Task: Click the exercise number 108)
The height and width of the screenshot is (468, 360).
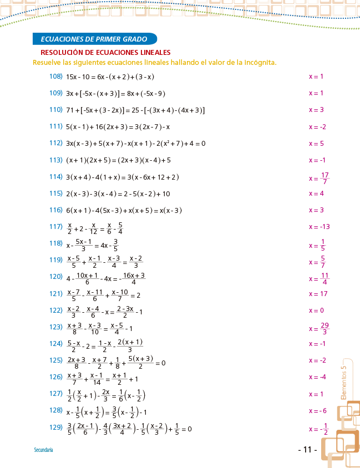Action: click(x=55, y=77)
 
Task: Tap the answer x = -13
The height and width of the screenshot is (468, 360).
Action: click(x=320, y=227)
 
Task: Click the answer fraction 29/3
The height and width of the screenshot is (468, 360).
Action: click(x=325, y=328)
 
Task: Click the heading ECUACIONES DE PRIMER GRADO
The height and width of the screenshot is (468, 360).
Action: click(x=94, y=39)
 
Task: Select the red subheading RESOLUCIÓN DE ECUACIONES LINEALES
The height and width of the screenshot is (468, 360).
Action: click(x=105, y=53)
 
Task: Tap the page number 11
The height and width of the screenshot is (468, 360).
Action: click(x=307, y=450)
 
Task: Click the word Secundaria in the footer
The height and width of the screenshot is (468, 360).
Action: click(x=43, y=450)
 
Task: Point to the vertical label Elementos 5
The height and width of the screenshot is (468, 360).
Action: click(x=344, y=382)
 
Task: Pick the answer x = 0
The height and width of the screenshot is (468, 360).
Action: click(x=316, y=311)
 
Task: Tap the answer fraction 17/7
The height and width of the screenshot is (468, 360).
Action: click(x=325, y=178)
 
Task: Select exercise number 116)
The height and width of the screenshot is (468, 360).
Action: click(x=55, y=210)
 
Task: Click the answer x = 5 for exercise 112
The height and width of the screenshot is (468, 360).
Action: click(x=316, y=144)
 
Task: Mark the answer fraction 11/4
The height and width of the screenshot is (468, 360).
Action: click(x=325, y=278)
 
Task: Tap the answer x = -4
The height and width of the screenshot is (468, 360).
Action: click(x=318, y=378)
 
